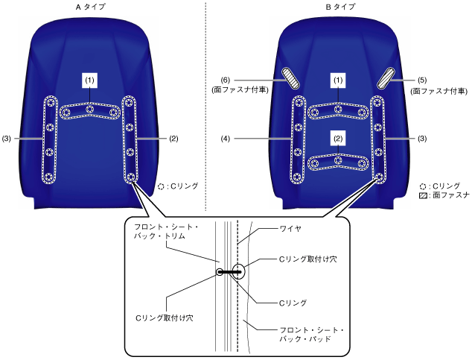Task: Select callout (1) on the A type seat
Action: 89,79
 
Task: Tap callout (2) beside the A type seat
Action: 173,138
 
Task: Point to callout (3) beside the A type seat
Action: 7,138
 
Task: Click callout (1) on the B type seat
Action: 339,79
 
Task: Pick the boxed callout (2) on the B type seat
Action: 339,138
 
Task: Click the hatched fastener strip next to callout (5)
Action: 388,76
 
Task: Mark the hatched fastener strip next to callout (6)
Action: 289,76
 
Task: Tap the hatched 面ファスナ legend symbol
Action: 423,196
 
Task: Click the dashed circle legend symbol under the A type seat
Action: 162,186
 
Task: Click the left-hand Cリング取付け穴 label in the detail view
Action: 164,318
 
